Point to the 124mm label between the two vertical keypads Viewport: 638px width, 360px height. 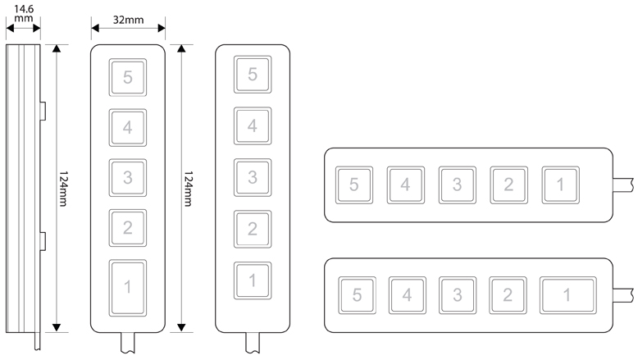click(189, 189)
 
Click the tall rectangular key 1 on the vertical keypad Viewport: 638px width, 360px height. click(127, 286)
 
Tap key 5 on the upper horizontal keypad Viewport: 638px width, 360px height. click(354, 185)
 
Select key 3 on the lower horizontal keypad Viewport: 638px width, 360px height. click(457, 294)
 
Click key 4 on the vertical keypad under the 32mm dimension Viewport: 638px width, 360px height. click(127, 127)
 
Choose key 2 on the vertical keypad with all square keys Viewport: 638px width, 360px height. click(253, 228)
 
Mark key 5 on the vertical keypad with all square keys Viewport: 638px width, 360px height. click(253, 75)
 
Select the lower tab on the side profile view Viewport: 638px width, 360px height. click(43, 242)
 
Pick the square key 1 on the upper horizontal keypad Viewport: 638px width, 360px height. click(560, 185)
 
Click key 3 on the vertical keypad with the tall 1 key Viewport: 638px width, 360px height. click(127, 177)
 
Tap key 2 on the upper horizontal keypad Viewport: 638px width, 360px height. click(508, 185)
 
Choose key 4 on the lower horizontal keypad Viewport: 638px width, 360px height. click(406, 294)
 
